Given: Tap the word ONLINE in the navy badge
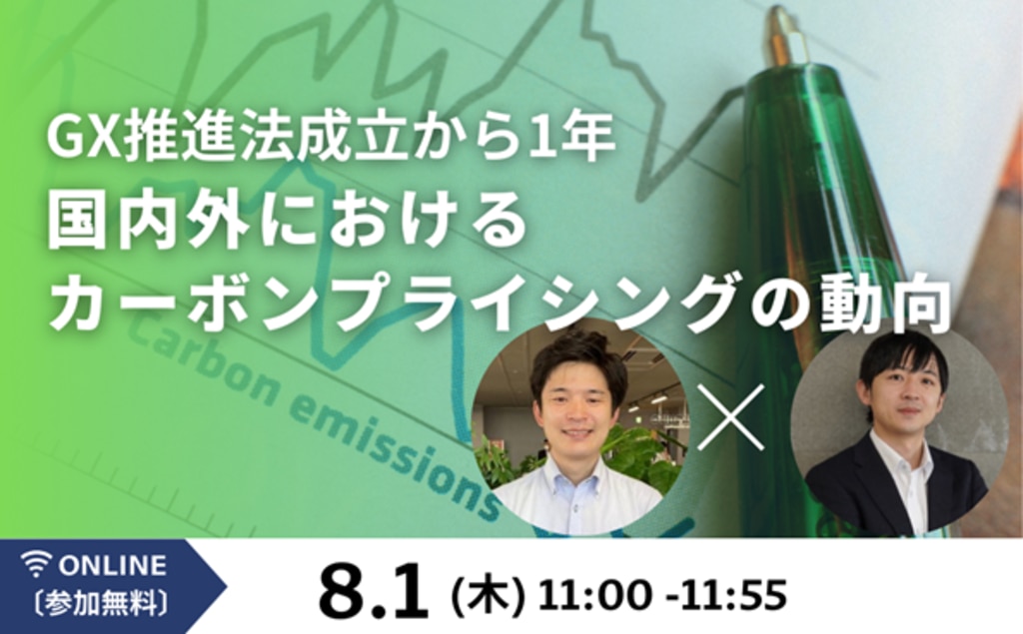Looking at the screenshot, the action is [x=112, y=565].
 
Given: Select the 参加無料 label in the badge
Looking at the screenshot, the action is [x=100, y=603].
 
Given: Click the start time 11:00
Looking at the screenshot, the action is [x=594, y=595].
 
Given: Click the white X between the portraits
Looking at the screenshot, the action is [x=730, y=417].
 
